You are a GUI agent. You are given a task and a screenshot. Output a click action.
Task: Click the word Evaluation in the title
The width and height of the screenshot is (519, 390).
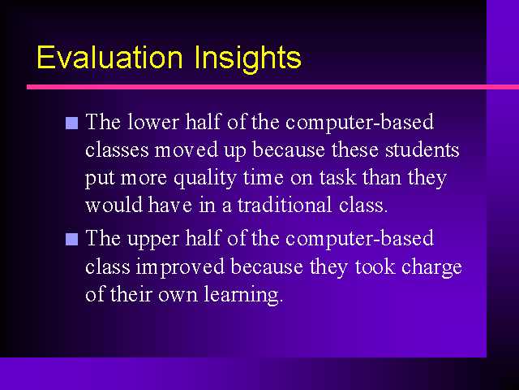pos(109,57)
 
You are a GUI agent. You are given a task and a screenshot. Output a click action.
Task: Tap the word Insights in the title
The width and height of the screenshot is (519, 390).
pos(248,58)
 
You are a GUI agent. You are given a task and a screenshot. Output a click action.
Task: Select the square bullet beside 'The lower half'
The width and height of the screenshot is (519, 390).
pos(72,123)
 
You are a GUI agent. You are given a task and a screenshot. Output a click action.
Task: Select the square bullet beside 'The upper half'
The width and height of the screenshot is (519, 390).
pos(72,239)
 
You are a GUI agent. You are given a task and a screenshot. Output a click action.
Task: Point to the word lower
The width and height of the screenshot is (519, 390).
pos(153,121)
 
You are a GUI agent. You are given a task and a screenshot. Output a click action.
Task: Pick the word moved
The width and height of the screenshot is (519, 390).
pos(187,149)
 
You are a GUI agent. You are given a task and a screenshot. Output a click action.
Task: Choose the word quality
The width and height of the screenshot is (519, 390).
pos(205,179)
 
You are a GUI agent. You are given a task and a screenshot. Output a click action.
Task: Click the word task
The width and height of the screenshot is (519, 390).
pos(338,177)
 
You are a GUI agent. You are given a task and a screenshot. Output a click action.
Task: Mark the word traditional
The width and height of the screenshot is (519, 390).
pos(285,205)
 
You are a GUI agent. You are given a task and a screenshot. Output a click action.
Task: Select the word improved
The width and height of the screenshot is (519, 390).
pos(180,267)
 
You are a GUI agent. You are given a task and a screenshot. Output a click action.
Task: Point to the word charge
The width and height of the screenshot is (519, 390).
pos(431,267)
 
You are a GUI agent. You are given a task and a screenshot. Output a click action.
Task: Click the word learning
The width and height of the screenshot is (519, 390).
pos(243,295)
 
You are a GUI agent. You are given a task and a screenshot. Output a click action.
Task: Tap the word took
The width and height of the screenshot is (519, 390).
pos(375,266)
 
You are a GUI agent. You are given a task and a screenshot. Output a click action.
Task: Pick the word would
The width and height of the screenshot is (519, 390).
pos(114,205)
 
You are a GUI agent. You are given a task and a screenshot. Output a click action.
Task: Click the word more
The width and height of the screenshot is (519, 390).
pos(144,179)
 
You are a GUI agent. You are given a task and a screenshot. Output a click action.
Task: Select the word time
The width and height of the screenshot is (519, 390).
pos(263,177)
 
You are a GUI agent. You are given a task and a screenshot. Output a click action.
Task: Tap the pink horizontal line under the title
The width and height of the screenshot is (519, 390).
pos(272,87)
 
